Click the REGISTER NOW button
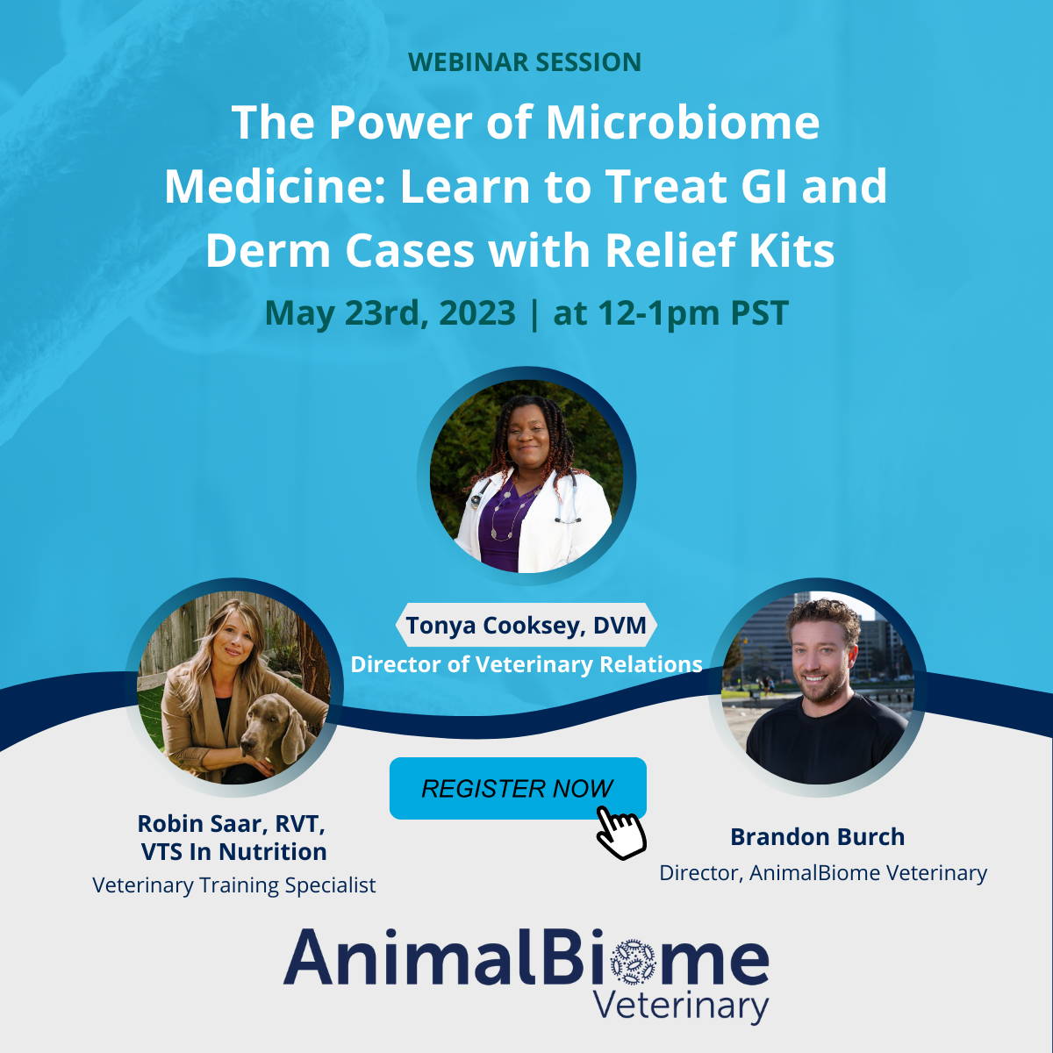coord(518,788)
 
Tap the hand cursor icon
coord(620,832)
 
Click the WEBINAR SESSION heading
coord(525,61)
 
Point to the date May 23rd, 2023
coord(390,312)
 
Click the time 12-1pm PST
coord(693,312)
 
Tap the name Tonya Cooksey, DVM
coord(526,625)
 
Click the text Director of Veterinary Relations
coord(526,664)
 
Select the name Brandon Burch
coord(818,836)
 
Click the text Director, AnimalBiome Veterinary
coord(823,872)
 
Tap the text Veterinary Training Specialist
coord(234,885)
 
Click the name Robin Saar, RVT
coord(231,823)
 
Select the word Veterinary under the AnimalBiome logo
coord(680,1006)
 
